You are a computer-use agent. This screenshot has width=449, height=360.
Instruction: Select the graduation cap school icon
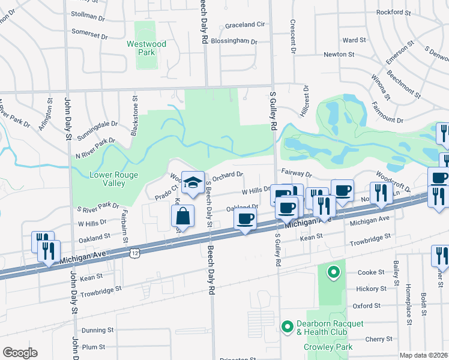pyautogui.click(x=193, y=183)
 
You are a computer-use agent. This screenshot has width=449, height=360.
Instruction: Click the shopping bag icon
pyautogui.click(x=183, y=217)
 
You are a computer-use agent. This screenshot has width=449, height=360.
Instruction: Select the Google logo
pyautogui.click(x=20, y=353)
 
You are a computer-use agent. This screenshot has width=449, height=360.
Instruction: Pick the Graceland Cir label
pyautogui.click(x=245, y=25)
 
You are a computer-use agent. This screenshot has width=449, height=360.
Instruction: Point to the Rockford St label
pyautogui.click(x=393, y=12)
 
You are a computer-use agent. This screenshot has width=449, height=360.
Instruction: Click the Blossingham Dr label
pyautogui.click(x=233, y=42)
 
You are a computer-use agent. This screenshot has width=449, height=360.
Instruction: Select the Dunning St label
pyautogui.click(x=97, y=330)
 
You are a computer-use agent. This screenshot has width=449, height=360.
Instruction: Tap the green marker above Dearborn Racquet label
pyautogui.click(x=333, y=273)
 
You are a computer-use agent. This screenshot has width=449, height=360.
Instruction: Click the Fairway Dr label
pyautogui.click(x=297, y=174)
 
